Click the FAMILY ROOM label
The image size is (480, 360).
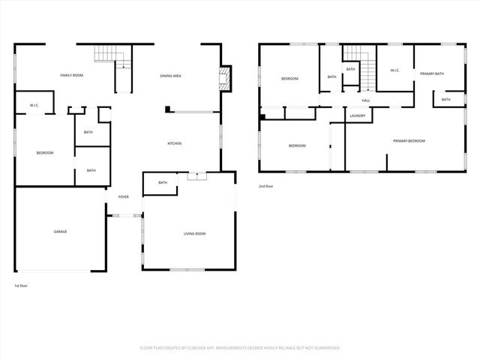71,76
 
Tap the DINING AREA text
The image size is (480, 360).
171,76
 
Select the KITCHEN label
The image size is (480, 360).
174,143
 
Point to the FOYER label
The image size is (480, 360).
123,196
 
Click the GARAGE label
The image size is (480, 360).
60,231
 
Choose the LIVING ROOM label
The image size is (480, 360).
194,233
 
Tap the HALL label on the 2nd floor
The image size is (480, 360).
366,100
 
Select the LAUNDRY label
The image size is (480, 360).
357,115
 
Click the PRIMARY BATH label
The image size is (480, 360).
433,73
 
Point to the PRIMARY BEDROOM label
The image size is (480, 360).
409,141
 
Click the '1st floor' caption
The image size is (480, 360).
22,286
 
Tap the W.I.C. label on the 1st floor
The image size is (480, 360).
34,105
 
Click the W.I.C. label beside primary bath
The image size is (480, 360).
394,70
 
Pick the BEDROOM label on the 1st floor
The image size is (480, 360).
45,153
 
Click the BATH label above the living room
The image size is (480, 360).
163,182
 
